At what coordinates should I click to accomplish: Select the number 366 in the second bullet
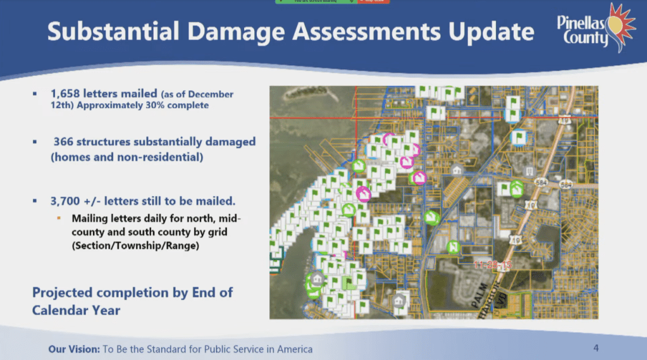65,142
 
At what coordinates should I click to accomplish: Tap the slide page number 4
596,348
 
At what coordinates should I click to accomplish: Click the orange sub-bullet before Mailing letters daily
59,218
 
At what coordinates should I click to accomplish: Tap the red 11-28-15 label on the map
493,264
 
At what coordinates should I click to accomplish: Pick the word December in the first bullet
210,94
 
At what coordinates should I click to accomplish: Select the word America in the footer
293,349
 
